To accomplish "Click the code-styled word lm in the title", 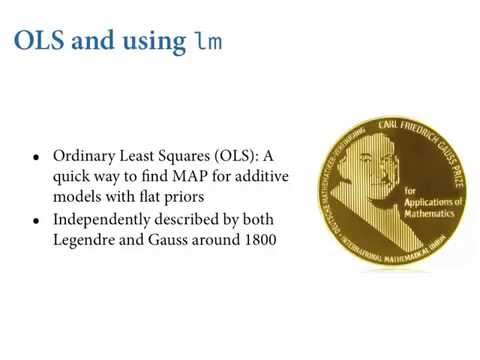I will click(206, 41).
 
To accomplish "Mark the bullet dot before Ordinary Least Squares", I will click(37, 158).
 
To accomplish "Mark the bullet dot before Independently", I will click(37, 220).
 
